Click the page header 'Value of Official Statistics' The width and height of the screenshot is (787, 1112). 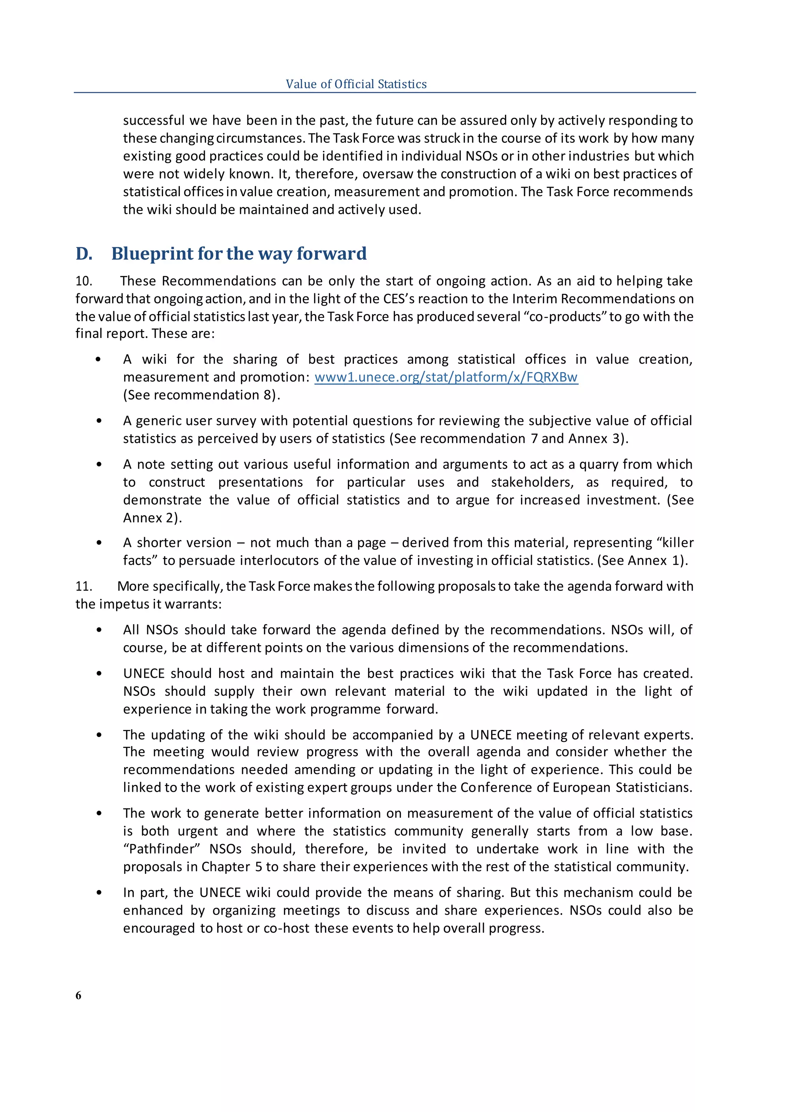356,84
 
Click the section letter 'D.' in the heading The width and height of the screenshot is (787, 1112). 84,254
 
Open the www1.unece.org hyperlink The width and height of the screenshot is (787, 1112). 446,377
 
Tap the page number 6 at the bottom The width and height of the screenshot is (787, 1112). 78,995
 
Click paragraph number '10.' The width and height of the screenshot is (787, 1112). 84,281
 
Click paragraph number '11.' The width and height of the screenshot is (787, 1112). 83,586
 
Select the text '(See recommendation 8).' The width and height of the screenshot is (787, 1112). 202,395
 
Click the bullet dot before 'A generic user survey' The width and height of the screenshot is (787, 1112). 99,421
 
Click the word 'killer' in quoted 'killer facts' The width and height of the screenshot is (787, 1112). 676,543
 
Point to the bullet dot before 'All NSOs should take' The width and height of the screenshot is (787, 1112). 99,630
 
